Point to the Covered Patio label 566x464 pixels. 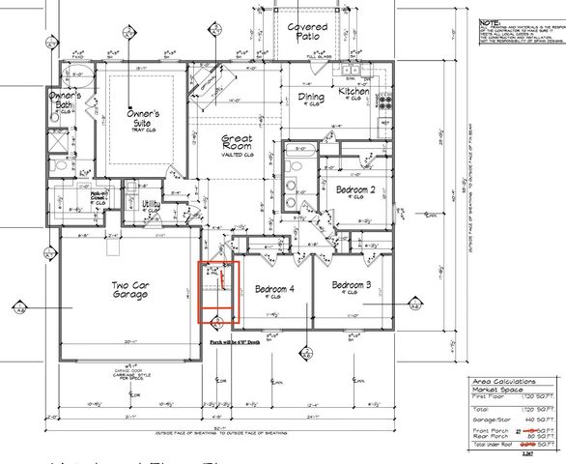click(x=307, y=33)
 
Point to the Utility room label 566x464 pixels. click(x=152, y=205)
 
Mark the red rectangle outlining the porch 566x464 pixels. click(x=213, y=291)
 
